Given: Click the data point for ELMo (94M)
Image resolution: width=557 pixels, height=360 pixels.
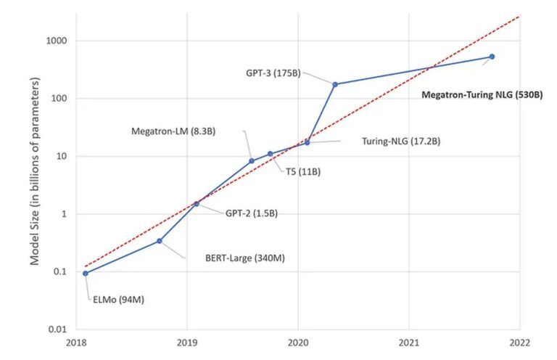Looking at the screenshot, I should click(86, 274).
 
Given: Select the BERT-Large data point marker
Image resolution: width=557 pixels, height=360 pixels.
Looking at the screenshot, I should click(160, 241).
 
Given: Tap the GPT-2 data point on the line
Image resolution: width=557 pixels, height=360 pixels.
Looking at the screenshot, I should click(196, 204).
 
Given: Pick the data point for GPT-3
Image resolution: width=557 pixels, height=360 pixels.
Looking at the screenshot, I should click(335, 84).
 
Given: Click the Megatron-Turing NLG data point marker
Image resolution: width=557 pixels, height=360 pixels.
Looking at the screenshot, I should click(492, 57).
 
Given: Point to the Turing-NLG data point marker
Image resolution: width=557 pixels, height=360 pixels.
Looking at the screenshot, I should click(307, 142).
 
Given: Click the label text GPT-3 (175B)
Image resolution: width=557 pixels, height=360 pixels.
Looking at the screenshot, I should click(273, 73).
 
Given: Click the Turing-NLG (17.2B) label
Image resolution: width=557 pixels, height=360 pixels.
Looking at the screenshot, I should click(400, 142).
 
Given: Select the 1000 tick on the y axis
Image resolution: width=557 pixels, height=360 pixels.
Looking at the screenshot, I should click(57, 41).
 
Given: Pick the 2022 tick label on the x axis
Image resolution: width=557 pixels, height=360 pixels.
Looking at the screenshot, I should click(519, 342).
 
